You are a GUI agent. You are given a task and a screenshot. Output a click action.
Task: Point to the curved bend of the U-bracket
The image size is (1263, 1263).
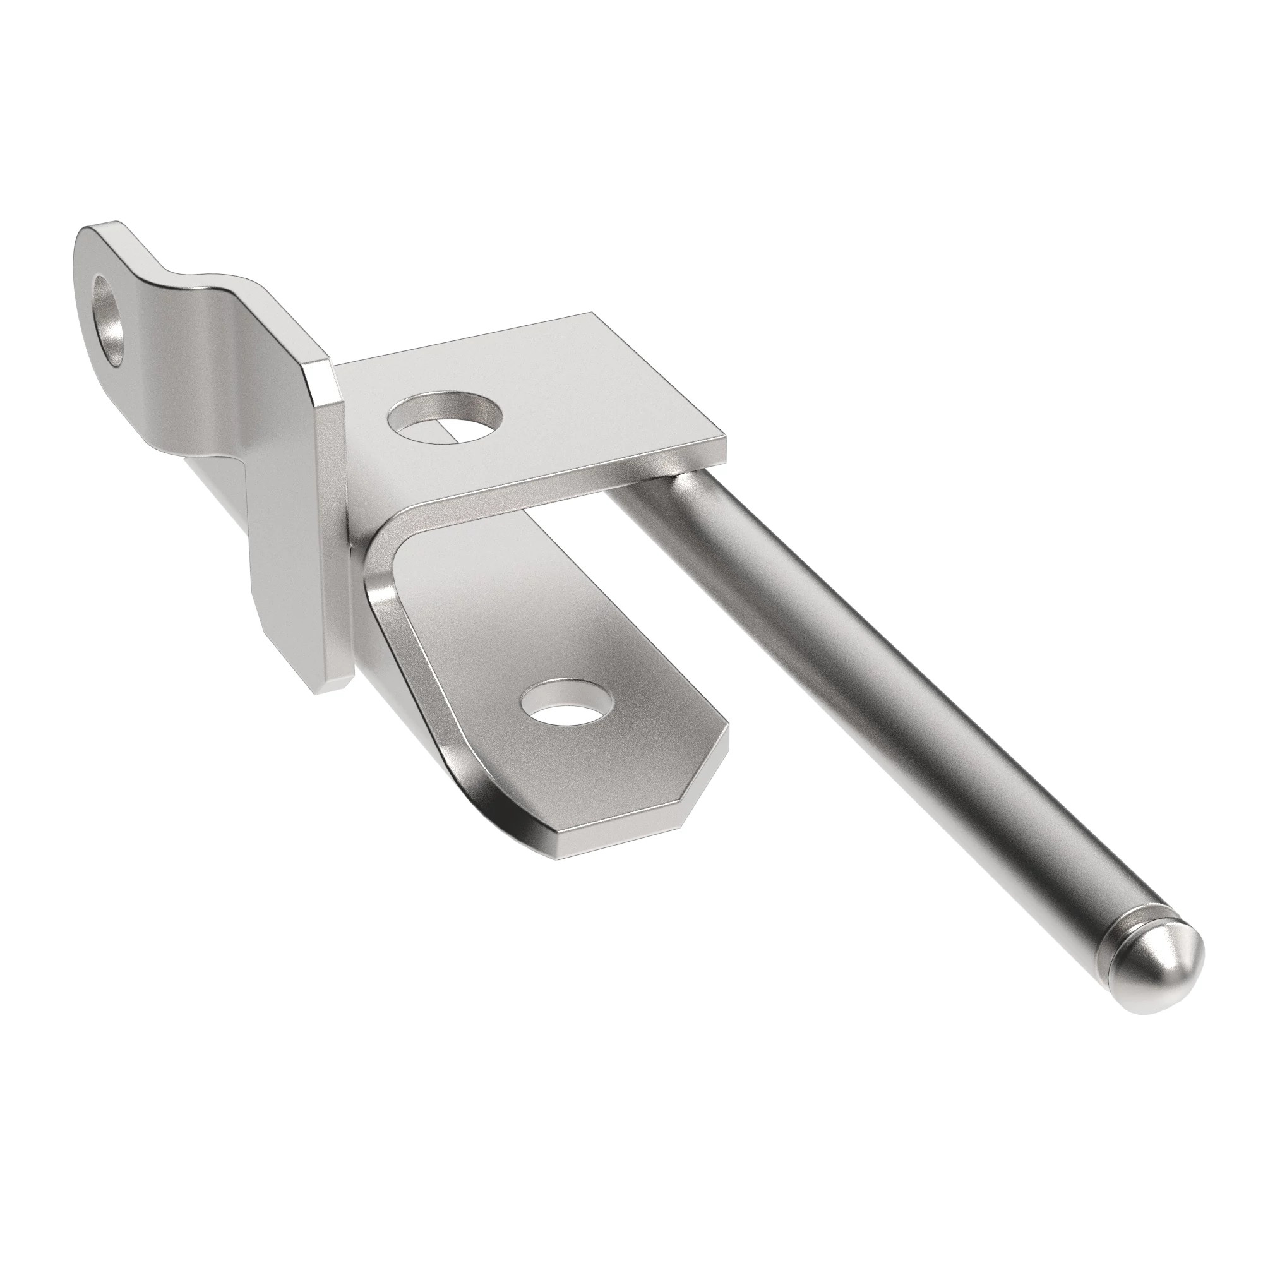(386, 542)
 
